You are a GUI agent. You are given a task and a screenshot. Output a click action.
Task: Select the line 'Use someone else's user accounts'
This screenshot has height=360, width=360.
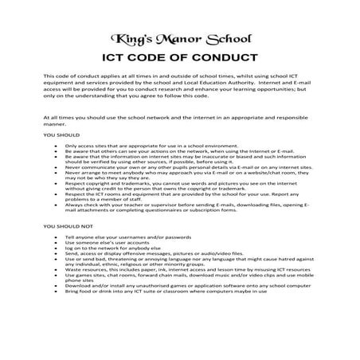[104, 244]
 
